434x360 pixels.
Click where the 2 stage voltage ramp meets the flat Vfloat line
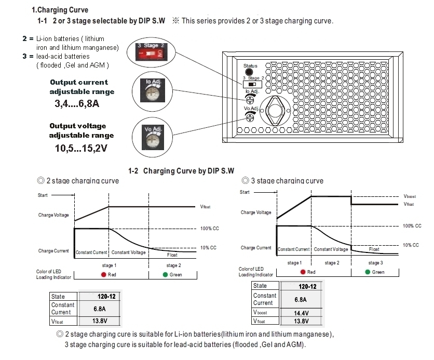[x=109, y=207]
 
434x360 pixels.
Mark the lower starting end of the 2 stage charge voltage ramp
[x=75, y=221]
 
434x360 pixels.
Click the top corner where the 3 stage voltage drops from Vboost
[x=351, y=196]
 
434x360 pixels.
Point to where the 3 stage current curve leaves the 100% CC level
[x=311, y=226]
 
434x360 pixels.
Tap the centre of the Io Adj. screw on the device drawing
[x=250, y=100]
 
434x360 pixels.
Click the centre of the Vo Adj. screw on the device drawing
[x=250, y=118]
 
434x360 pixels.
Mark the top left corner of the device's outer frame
[x=223, y=52]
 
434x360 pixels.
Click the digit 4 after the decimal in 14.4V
[x=303, y=313]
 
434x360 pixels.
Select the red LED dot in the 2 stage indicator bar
[x=103, y=274]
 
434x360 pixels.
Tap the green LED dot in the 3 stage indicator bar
[x=368, y=272]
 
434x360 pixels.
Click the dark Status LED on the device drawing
[x=249, y=72]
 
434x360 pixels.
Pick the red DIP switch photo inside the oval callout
[x=152, y=52]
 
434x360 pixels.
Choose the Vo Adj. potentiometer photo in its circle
[x=153, y=137]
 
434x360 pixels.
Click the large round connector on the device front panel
[x=275, y=111]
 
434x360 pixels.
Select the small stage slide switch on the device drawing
[x=252, y=84]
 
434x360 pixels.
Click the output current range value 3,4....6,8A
[x=77, y=103]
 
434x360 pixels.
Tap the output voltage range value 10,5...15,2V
[x=81, y=148]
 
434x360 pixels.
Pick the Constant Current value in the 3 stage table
[x=301, y=300]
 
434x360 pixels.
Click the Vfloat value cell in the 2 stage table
[x=100, y=321]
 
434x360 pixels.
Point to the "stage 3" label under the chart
[x=376, y=262]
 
